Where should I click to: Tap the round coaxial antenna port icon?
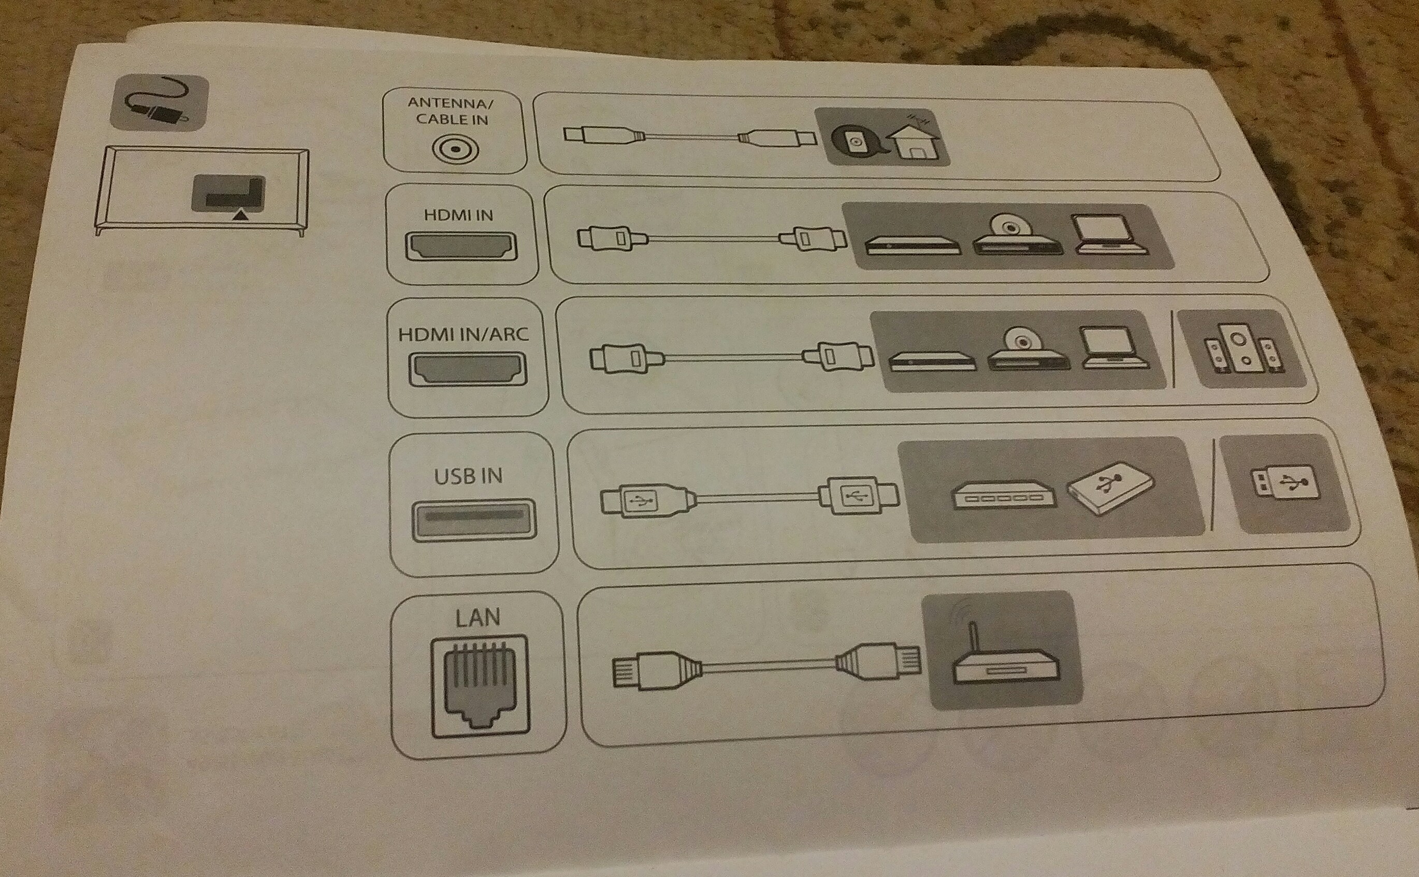tap(455, 150)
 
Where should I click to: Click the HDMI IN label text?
tap(458, 215)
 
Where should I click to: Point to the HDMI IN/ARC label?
tap(464, 334)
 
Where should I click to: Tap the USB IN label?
tap(468, 476)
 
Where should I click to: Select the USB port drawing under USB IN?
tap(473, 519)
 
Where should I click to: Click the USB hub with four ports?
tap(1004, 496)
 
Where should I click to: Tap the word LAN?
tap(477, 618)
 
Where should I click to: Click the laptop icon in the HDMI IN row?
tap(1109, 235)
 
